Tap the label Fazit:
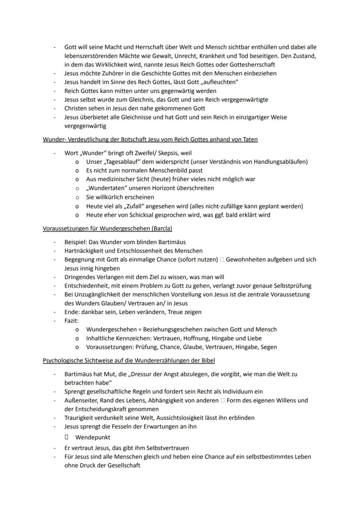point(71,321)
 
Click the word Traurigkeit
point(80,418)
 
